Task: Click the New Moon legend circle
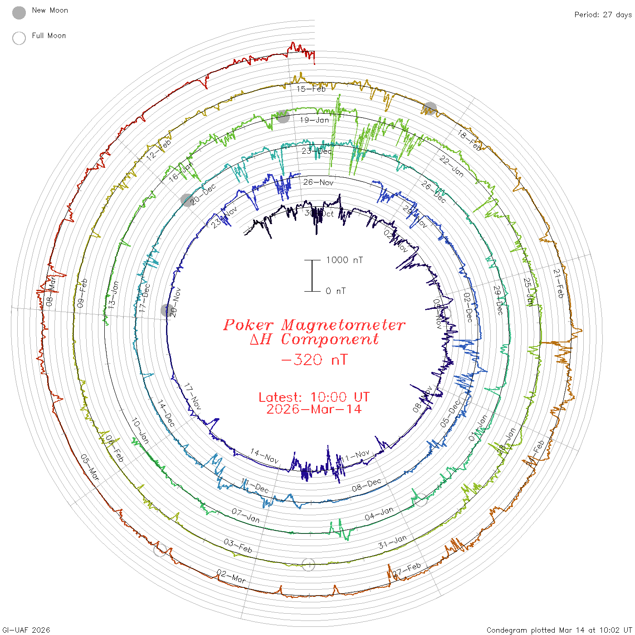pos(19,13)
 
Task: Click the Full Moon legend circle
pos(19,38)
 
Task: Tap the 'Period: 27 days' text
pos(603,15)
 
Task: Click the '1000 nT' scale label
pos(345,260)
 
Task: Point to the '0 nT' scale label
pos(336,291)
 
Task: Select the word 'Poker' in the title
pos(248,325)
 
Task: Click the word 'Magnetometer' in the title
pos(343,325)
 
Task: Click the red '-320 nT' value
pos(314,360)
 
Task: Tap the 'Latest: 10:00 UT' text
pos(314,397)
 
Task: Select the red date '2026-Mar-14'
pos(314,410)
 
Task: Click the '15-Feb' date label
pos(311,89)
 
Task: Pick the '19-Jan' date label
pos(314,120)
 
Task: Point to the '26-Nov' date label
pos(318,182)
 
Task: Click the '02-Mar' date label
pos(231,576)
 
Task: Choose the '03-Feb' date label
pos(238,546)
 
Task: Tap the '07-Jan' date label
pos(246,515)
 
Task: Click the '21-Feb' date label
pos(558,283)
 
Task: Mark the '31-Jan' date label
pos(392,542)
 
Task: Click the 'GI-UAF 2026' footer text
pos(26,630)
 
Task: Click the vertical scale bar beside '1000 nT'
pos(312,276)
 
